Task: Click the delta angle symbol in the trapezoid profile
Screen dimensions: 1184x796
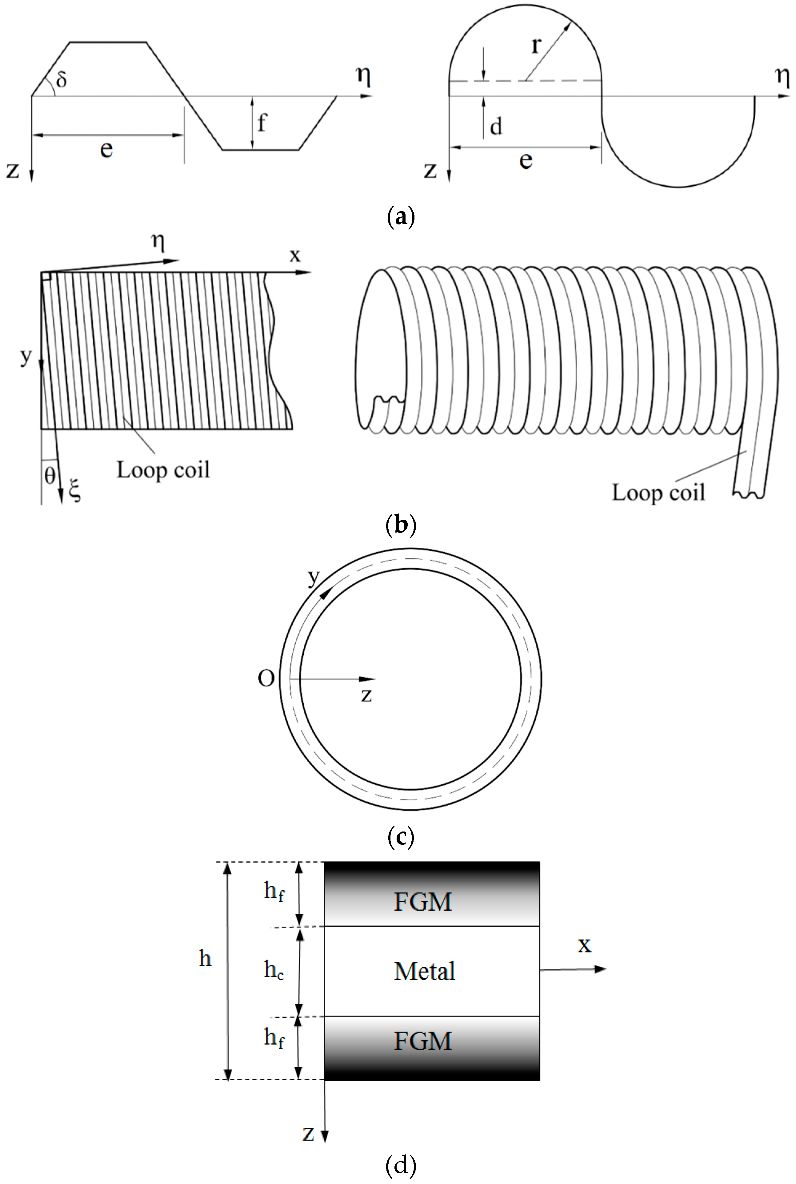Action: coord(62,79)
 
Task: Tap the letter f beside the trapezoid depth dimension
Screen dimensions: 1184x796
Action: coord(262,123)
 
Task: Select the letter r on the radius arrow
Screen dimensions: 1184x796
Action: coord(536,45)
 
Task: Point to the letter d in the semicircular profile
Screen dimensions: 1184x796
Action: coord(496,126)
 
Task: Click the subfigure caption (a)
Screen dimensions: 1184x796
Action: coord(401,217)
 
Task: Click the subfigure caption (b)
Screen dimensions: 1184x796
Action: coord(401,524)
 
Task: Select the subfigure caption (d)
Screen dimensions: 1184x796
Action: coord(401,1165)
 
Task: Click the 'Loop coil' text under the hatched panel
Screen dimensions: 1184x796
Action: coord(163,470)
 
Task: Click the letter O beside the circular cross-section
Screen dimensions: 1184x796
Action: coord(266,679)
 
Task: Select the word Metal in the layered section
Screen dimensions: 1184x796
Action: coord(424,971)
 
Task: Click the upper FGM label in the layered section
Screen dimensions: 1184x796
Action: coord(422,902)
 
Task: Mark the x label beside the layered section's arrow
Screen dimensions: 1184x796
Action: coord(584,945)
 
